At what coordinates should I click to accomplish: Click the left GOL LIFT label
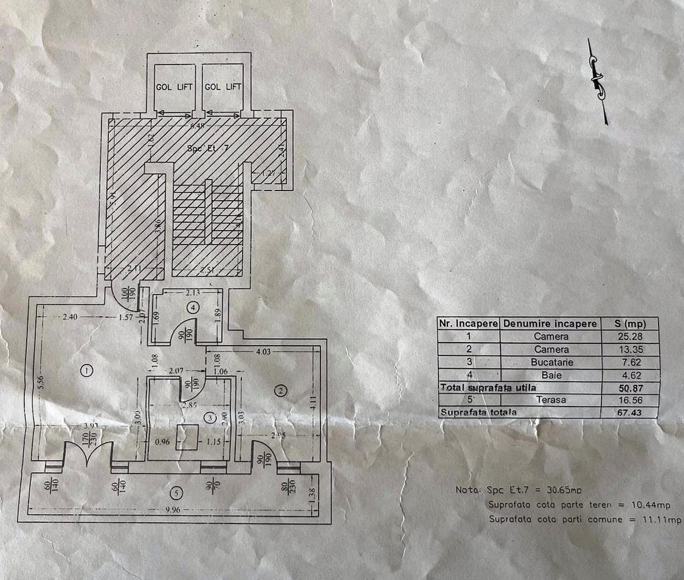coord(174,87)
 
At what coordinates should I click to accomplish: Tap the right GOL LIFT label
coord(223,87)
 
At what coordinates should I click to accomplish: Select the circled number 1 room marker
coord(87,371)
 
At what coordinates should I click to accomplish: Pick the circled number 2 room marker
coord(280,391)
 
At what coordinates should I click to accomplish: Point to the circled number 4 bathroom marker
coord(194,308)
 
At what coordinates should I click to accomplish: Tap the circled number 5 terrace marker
coord(178,493)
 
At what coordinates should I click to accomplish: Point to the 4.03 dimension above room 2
coord(263,352)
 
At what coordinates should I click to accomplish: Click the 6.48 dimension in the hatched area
coord(196,126)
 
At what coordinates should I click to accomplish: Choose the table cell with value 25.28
coord(630,336)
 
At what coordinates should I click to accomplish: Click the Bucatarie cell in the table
coord(551,362)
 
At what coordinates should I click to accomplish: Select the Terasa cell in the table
coord(551,400)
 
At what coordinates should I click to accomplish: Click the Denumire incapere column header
coord(550,323)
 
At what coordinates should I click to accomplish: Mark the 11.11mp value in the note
coord(664,520)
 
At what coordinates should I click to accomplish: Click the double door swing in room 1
coord(87,454)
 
